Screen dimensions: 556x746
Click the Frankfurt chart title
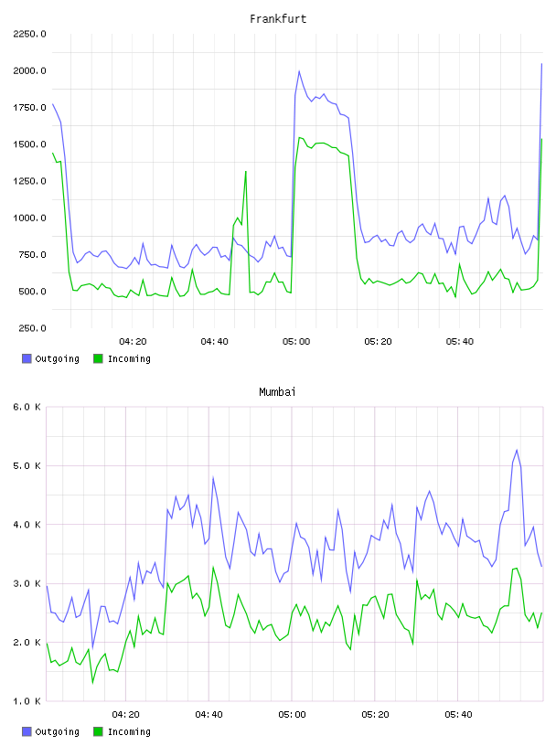pyautogui.click(x=278, y=18)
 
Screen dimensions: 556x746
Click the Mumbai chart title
pyautogui.click(x=277, y=391)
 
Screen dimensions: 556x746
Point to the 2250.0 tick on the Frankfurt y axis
pyautogui.click(x=29, y=34)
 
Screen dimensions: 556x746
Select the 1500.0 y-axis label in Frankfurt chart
pyautogui.click(x=29, y=144)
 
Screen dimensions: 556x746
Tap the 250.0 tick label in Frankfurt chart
pyautogui.click(x=32, y=328)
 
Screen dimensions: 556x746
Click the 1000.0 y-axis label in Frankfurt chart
pyautogui.click(x=29, y=218)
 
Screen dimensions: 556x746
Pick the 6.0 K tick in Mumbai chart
pyautogui.click(x=27, y=407)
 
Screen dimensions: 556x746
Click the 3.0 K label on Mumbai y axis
pyautogui.click(x=27, y=583)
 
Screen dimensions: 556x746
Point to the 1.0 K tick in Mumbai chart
pyautogui.click(x=27, y=701)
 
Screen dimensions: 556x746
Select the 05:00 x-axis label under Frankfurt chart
pyautogui.click(x=296, y=341)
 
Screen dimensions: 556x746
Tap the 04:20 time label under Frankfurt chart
pyautogui.click(x=133, y=341)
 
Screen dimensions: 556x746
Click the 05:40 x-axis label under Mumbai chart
pyautogui.click(x=458, y=714)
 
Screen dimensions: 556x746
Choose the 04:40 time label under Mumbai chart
pyautogui.click(x=209, y=714)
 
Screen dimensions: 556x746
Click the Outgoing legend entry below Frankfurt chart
pyautogui.click(x=50, y=358)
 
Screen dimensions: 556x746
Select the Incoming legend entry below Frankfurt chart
pyautogui.click(x=122, y=358)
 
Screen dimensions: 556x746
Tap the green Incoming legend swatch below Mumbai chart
pyautogui.click(x=98, y=731)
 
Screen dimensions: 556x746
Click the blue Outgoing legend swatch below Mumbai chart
pyautogui.click(x=27, y=731)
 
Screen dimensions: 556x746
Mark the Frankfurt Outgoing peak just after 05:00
pyautogui.click(x=299, y=71)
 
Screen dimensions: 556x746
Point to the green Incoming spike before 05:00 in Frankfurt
pyautogui.click(x=246, y=171)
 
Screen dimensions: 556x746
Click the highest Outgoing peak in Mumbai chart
pyautogui.click(x=517, y=450)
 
